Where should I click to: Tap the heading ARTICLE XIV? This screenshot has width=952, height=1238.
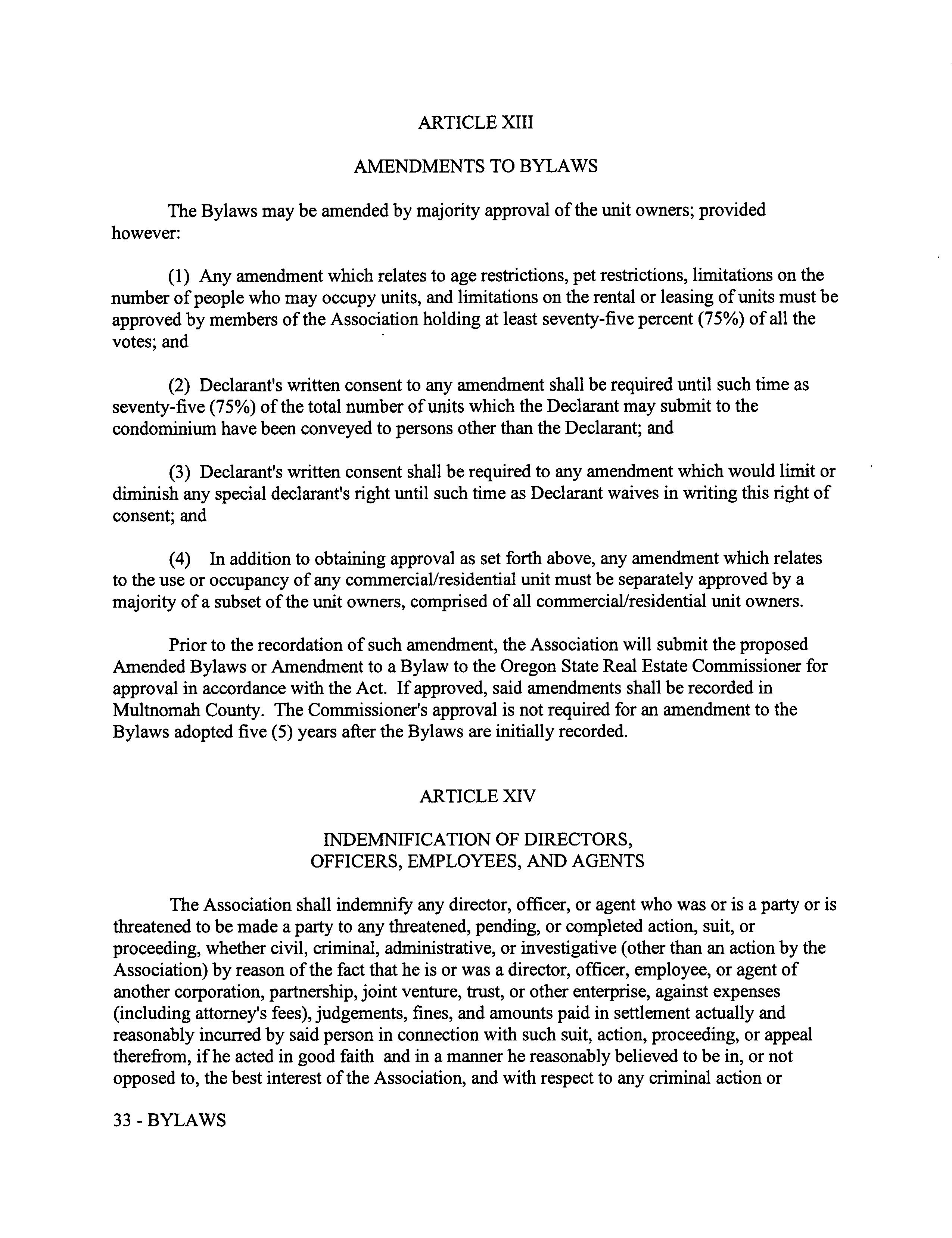point(477,797)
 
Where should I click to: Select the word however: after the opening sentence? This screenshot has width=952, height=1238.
point(146,233)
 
